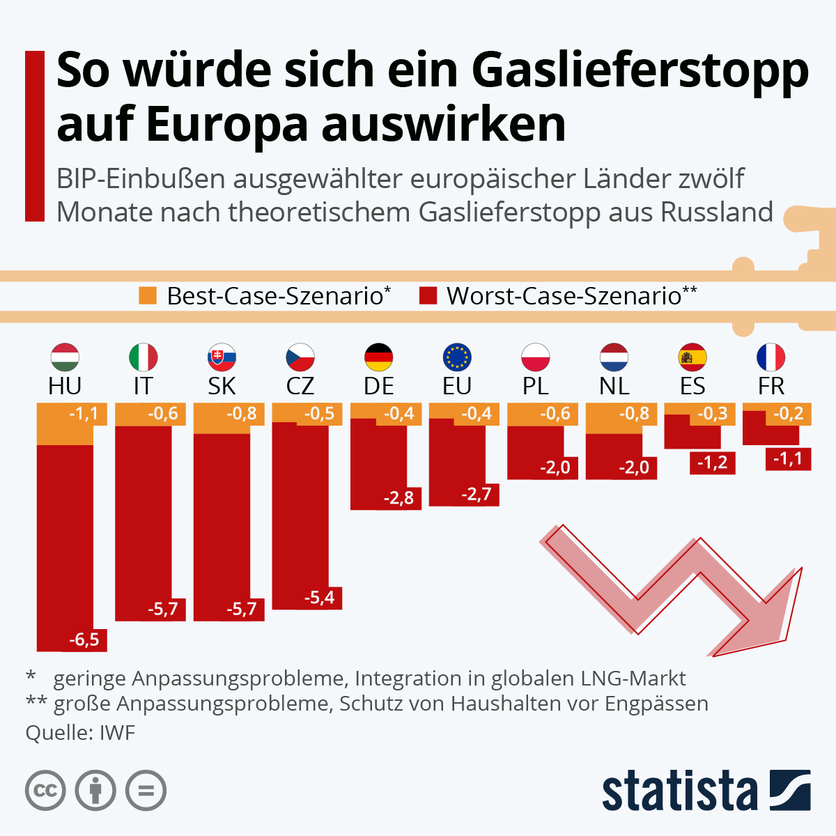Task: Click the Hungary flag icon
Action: [x=65, y=357]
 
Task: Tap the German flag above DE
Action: [x=379, y=357]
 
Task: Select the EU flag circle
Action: [x=457, y=357]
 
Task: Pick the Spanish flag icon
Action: [x=692, y=357]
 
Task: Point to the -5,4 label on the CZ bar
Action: [x=320, y=598]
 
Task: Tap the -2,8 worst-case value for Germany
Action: [x=398, y=498]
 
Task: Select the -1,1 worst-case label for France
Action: [x=788, y=459]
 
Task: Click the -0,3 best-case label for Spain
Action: [x=712, y=414]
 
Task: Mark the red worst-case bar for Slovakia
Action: [x=222, y=522]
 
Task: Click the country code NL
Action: [x=614, y=386]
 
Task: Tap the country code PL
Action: [x=535, y=386]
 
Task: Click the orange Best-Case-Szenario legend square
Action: [x=148, y=295]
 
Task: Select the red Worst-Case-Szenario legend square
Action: [x=428, y=295]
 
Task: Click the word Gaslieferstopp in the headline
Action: [x=640, y=70]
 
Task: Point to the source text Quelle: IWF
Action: [x=80, y=733]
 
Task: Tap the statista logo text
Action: [x=679, y=792]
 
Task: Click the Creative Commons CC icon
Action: [x=45, y=791]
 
